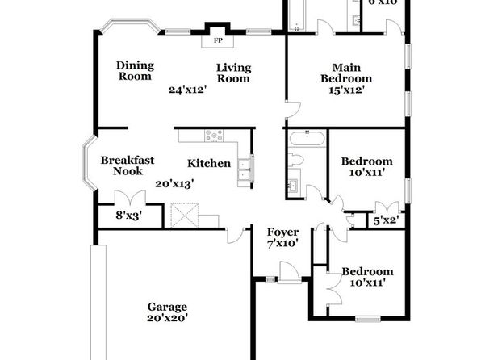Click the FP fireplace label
coord(218,40)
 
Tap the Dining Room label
coord(135,71)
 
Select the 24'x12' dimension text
coord(187,90)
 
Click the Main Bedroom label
coord(346,73)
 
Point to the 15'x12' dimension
coord(347,90)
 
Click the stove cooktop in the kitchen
coord(214,136)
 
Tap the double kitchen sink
coord(245,169)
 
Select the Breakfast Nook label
coord(128,165)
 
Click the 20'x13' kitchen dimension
coord(174,184)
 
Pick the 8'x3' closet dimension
coord(129,216)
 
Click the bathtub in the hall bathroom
coord(307,138)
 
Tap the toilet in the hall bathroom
coord(295,160)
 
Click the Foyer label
coord(282,232)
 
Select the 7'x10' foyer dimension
coord(282,244)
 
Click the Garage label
coord(167,307)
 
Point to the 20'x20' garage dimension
coord(167,318)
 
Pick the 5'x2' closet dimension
coord(386,220)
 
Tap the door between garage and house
coord(236,236)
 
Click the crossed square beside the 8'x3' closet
coord(185,216)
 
